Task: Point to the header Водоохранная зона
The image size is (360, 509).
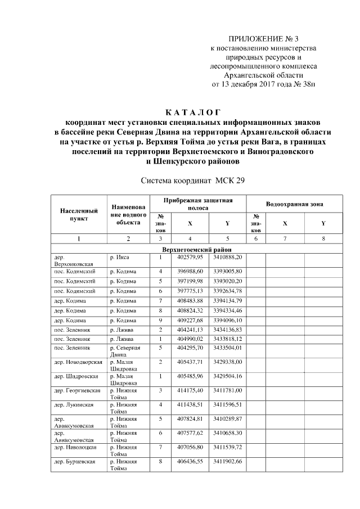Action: [x=295, y=204]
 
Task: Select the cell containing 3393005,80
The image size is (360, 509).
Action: [x=227, y=271]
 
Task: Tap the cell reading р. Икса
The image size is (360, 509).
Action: [x=120, y=257]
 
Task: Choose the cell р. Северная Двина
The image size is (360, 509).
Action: [x=124, y=352]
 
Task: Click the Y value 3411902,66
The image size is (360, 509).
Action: [x=227, y=461]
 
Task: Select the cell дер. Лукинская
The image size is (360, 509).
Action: [x=74, y=404]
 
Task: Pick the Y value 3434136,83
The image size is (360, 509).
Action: [x=227, y=329]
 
